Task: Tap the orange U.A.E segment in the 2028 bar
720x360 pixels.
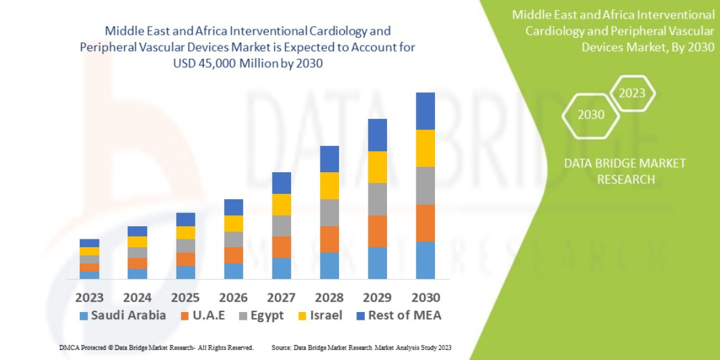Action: point(329,239)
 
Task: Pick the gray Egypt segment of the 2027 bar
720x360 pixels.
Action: point(281,226)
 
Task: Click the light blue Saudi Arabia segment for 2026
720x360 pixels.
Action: point(233,271)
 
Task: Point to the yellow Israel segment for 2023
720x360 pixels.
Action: point(89,251)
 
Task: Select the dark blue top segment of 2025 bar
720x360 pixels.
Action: point(185,219)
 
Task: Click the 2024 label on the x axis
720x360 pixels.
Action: point(137,298)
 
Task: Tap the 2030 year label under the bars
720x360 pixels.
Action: point(425,298)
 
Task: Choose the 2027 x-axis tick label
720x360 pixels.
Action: point(281,298)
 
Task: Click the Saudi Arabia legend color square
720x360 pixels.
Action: point(83,316)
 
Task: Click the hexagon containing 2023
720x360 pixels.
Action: point(632,93)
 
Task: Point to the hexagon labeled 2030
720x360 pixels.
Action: point(591,114)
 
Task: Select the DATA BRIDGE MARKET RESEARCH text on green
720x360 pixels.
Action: point(625,171)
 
